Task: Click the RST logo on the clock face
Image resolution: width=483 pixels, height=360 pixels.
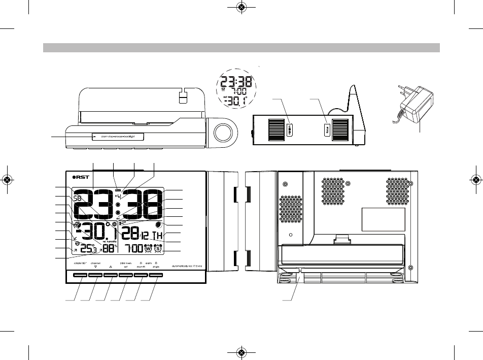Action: point(80,177)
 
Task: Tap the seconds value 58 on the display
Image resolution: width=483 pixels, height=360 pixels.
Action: point(80,198)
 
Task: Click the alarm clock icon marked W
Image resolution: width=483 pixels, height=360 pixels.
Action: point(149,249)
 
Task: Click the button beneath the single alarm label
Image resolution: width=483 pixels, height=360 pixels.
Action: point(157,276)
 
